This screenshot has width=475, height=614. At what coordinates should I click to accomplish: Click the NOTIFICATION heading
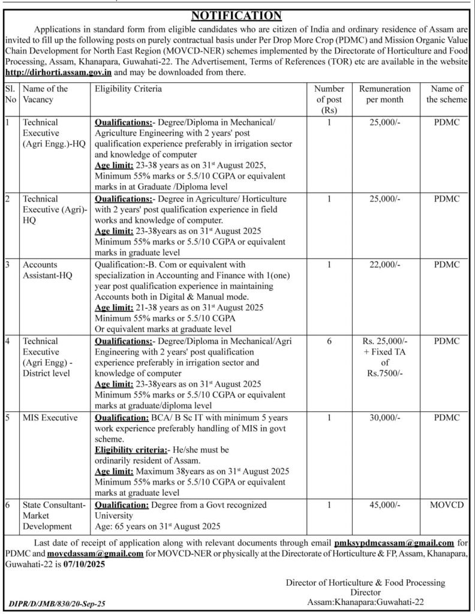point(237,14)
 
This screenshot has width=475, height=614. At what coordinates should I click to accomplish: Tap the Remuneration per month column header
point(384,94)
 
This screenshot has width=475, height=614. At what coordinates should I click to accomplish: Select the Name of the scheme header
point(446,94)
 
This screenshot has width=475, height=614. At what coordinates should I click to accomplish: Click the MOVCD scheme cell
point(447,505)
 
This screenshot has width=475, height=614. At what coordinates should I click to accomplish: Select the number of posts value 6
point(329,341)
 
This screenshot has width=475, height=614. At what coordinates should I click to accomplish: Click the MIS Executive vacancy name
point(50,418)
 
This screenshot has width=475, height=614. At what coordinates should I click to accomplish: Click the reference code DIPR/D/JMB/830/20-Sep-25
point(58,605)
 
